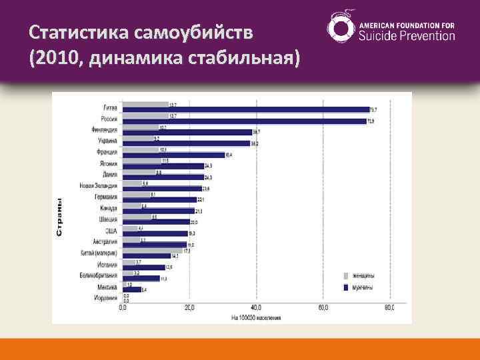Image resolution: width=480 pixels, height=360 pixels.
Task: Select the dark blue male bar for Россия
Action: tap(245, 121)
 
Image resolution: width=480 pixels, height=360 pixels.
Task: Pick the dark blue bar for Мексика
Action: tap(131, 289)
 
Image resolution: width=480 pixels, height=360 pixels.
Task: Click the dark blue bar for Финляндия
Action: tap(187, 132)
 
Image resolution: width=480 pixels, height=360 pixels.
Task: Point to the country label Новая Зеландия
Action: tap(98, 185)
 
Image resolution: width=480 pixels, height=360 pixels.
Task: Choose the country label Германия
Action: tap(105, 197)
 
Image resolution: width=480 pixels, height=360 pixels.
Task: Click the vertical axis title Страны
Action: tap(59, 217)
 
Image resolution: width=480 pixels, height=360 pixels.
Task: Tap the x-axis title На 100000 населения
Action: tap(257, 317)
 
